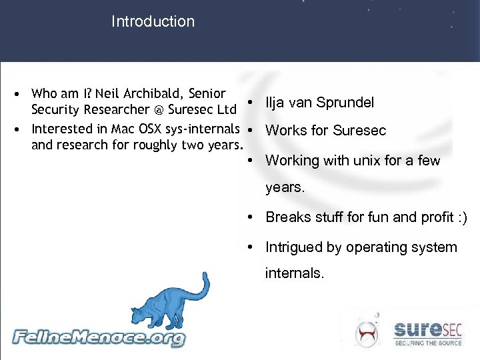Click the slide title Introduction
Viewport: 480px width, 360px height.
153,21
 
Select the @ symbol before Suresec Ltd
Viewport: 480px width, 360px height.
160,110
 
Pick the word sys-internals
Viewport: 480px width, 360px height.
206,129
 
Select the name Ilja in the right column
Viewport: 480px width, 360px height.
275,103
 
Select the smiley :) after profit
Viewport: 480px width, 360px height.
462,217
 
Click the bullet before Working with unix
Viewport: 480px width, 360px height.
249,160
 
